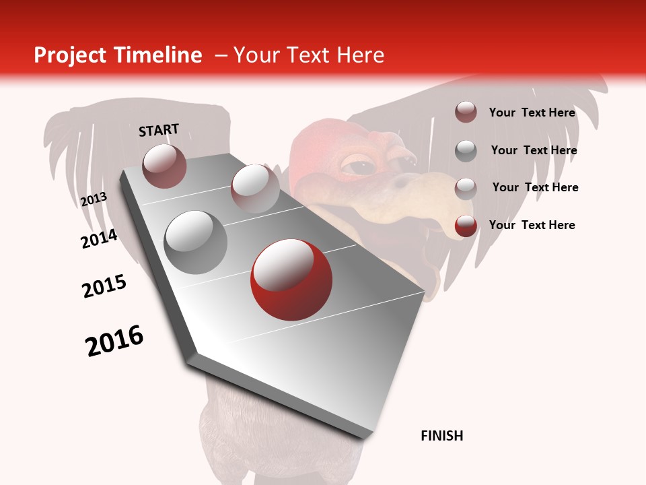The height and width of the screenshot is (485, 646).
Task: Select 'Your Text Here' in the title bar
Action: pos(309,56)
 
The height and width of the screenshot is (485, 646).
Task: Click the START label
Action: pos(159,130)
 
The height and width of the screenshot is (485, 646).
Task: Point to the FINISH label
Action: pos(441,436)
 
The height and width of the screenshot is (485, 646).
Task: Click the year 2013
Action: pos(94,199)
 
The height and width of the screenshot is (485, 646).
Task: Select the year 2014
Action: pos(99,238)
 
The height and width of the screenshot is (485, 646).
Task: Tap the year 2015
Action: pos(104,286)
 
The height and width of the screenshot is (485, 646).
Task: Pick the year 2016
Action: pos(114,341)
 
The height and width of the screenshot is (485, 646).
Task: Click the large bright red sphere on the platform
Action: pos(291,280)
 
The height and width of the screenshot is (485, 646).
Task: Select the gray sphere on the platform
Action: pos(196,243)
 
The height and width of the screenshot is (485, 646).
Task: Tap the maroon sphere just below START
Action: pos(164,166)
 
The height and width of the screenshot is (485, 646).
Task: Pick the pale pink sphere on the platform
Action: pos(254,188)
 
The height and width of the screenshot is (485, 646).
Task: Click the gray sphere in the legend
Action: pos(466,151)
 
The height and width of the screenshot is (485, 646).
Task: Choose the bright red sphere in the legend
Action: pos(466,226)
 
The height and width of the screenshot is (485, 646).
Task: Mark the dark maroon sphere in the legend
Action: pos(466,112)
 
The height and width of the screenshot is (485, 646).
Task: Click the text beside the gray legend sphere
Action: pos(534,150)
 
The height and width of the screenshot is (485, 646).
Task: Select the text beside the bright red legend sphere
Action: pos(532,225)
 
